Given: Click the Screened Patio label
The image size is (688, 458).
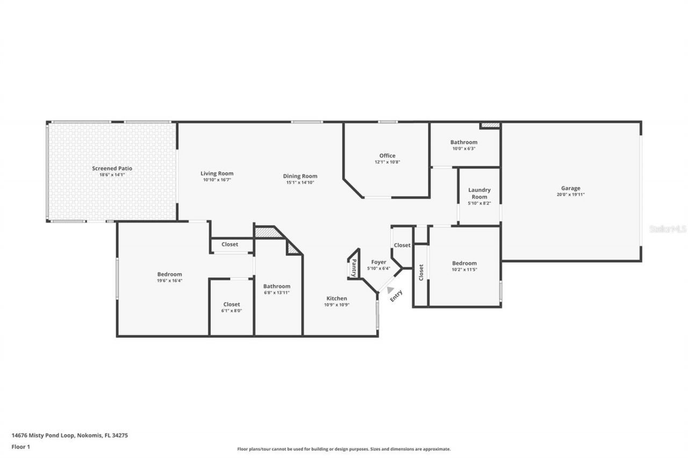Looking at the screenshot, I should [x=112, y=169].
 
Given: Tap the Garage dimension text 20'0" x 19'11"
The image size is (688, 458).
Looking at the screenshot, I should [x=570, y=195].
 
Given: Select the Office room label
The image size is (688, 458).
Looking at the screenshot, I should [x=387, y=156].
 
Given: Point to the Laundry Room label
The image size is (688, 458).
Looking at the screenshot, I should [x=479, y=193].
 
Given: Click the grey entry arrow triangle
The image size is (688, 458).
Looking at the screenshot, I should [x=390, y=290].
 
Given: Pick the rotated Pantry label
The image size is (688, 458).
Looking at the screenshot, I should [x=354, y=267].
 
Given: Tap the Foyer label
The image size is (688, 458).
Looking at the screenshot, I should [x=378, y=262].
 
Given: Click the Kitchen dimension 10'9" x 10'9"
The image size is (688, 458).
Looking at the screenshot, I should [x=336, y=305].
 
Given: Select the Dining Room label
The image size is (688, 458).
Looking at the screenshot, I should [x=300, y=176].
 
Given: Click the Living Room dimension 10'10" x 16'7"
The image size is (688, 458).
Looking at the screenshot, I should [x=217, y=180].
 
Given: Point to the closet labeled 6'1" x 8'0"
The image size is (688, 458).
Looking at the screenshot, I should [x=232, y=311].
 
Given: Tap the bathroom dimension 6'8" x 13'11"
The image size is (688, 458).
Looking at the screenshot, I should [x=277, y=293].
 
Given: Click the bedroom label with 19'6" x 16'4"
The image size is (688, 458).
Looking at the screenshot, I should [x=169, y=274].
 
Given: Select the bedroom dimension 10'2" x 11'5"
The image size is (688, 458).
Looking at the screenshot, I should [x=464, y=270].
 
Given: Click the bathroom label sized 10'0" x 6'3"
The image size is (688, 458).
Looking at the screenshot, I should [x=463, y=142].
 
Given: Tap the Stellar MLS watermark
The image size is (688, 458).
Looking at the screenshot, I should [x=668, y=229].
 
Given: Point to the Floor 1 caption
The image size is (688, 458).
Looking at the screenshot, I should [x=21, y=447].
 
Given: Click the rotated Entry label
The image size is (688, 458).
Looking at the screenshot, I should [x=396, y=296].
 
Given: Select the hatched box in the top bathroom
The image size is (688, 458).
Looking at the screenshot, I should [x=490, y=126].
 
